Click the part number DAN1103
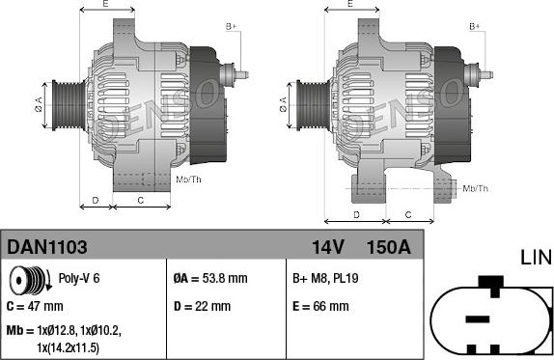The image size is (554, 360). [x=47, y=247]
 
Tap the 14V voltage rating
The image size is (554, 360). [x=328, y=247]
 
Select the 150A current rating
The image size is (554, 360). [x=389, y=247]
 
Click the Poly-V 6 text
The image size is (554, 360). [x=79, y=278]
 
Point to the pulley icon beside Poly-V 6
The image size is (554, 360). [x=30, y=280]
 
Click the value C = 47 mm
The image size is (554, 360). [x=35, y=306]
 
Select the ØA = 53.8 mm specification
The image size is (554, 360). [x=210, y=278]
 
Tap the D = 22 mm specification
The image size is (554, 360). [x=202, y=306]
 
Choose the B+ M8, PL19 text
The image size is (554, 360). [x=325, y=278]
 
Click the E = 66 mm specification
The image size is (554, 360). [x=320, y=306]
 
